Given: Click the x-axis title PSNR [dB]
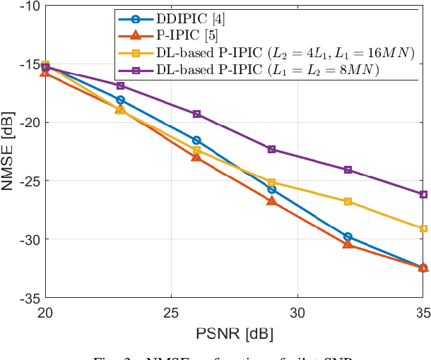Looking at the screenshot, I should point(234,332).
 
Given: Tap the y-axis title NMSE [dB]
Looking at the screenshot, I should point(8,152).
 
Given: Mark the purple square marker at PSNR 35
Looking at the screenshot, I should point(423,194).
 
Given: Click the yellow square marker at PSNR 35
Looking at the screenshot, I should point(423,229).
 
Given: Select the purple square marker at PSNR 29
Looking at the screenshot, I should point(272,149).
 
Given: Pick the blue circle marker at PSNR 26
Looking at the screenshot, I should point(196,140).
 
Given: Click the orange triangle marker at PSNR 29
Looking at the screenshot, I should point(272,201).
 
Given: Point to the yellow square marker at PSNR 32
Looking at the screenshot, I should point(348,201).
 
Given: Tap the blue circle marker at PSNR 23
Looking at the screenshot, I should point(121,100).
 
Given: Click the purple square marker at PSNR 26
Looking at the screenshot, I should point(196,114).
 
